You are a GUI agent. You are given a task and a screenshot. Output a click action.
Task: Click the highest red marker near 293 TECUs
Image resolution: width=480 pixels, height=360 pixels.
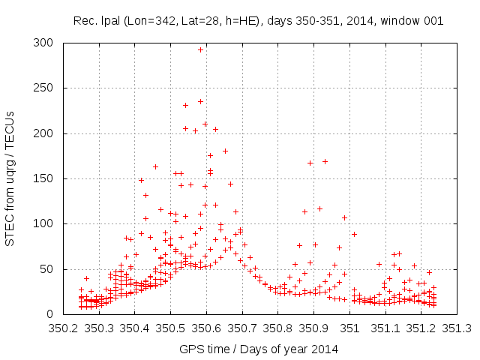pyautogui.click(x=200, y=49)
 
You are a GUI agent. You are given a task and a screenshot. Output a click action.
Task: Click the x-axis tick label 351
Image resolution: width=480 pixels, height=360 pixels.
pyautogui.click(x=350, y=328)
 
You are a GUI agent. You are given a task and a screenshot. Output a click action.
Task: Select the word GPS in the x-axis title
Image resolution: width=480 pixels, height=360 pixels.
pyautogui.click(x=190, y=349)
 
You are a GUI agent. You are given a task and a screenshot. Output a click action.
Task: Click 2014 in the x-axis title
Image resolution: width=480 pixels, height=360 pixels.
pyautogui.click(x=325, y=349)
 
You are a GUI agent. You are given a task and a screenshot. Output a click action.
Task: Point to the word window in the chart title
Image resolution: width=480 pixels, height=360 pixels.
pyautogui.click(x=401, y=20)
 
